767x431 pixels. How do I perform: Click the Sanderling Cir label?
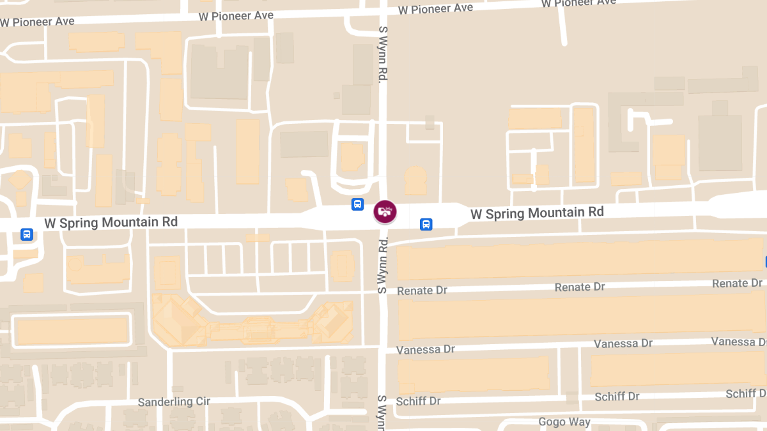tap(174, 402)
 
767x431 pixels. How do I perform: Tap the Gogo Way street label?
tap(564, 422)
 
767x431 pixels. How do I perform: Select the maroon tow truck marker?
tap(385, 211)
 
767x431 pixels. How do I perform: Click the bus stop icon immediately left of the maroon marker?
tap(358, 204)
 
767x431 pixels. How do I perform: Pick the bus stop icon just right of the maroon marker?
tap(426, 224)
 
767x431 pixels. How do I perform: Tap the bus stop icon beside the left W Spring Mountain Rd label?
tap(27, 234)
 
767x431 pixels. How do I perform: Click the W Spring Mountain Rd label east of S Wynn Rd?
tap(537, 213)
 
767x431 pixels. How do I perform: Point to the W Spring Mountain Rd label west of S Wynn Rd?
tap(111, 222)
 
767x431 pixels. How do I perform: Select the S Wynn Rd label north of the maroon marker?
tap(383, 54)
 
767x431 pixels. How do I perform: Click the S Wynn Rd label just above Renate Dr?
tap(383, 265)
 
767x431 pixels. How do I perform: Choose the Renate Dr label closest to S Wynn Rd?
tap(422, 291)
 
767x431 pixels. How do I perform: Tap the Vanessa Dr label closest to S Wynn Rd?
tap(425, 350)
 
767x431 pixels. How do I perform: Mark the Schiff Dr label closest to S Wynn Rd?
tap(418, 401)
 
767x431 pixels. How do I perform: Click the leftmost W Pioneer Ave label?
tap(37, 22)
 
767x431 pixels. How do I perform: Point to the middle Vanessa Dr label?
tap(623, 344)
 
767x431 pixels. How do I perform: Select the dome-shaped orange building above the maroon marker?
tap(415, 181)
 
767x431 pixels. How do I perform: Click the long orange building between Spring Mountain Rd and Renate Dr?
tap(578, 260)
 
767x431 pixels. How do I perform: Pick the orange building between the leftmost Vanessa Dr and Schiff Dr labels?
tap(473, 375)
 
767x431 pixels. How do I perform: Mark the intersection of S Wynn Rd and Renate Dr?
tap(383, 291)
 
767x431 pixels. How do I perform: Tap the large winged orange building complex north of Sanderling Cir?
tap(252, 324)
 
